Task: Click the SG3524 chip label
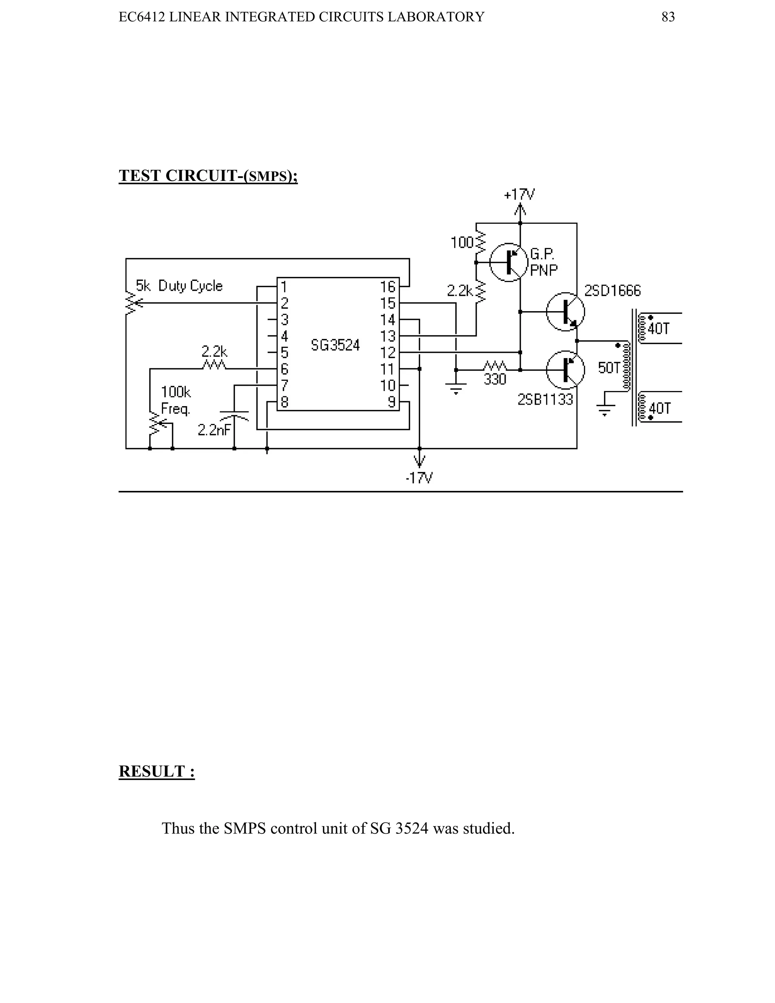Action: [335, 345]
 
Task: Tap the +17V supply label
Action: [519, 195]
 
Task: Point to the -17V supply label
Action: [419, 478]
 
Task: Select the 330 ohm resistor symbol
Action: [495, 366]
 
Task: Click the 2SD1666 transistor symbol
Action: [565, 312]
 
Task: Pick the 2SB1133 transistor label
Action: [545, 400]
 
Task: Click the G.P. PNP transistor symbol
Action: [508, 262]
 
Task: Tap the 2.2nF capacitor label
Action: [214, 430]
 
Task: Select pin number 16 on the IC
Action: [388, 287]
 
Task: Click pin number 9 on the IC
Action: [392, 402]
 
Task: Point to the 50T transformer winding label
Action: [609, 368]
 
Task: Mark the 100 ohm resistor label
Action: [462, 243]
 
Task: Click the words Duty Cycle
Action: [190, 286]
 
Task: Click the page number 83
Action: [668, 17]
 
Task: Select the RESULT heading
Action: [157, 771]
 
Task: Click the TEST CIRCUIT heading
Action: [207, 176]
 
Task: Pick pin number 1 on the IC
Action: [284, 287]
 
